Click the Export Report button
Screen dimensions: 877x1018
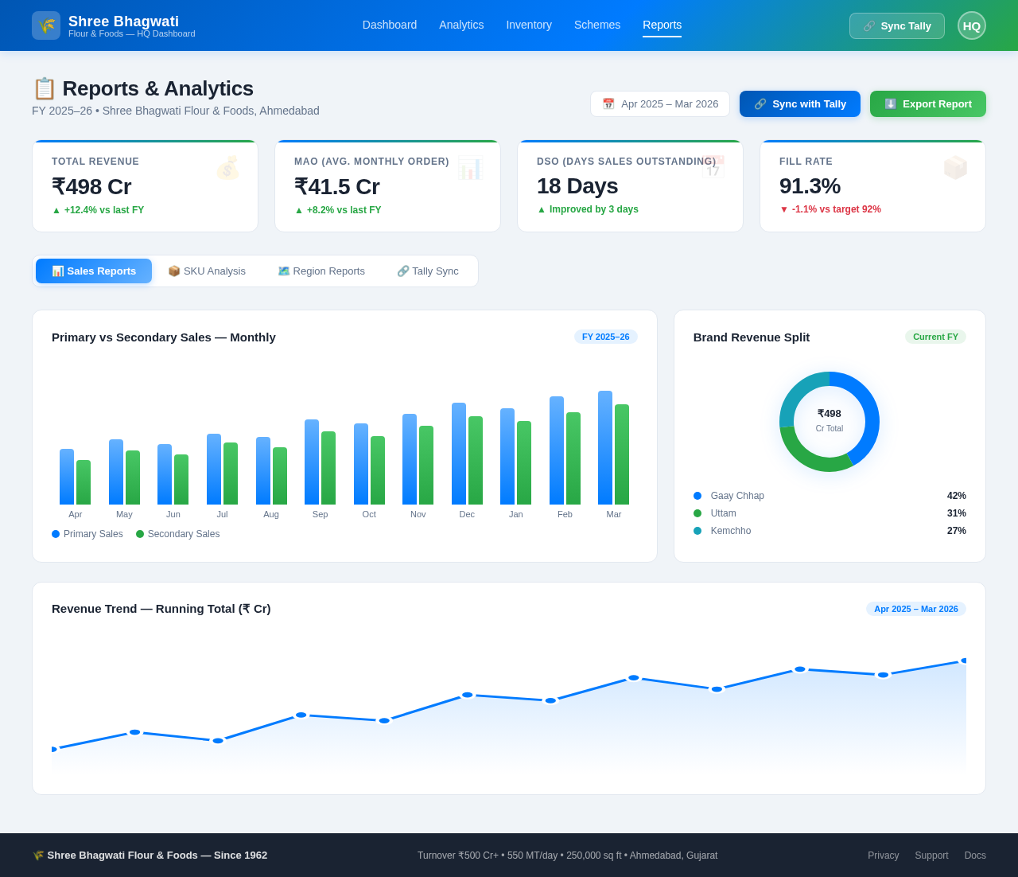[x=927, y=103]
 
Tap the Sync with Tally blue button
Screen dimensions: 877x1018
[x=799, y=103]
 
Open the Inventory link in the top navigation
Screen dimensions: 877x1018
[x=529, y=25]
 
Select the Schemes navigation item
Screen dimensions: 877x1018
[x=597, y=25]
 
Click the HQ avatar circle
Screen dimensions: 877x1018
[x=971, y=25]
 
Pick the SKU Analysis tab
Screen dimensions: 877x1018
[x=207, y=271]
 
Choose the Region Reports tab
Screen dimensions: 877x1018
[x=321, y=271]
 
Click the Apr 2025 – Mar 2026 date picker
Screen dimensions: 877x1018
[x=659, y=103]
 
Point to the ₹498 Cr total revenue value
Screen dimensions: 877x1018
[x=91, y=186]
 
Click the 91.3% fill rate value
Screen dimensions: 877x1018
[x=810, y=185]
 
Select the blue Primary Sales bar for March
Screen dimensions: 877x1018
[x=605, y=447]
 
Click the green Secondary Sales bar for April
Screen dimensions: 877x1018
[x=84, y=482]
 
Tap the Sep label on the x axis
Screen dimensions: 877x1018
[x=321, y=514]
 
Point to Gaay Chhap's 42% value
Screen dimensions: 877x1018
[x=956, y=496]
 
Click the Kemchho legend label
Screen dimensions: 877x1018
[x=730, y=531]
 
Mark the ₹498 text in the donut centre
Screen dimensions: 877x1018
[x=829, y=414]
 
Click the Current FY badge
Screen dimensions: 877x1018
[x=934, y=337]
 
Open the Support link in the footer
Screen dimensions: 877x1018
[x=931, y=856]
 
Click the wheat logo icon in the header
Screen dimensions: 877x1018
[x=46, y=25]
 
